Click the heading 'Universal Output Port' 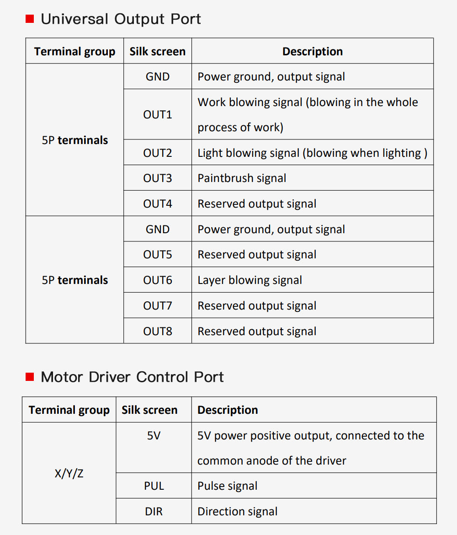tap(121, 19)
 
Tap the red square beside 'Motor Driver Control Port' tap(30, 377)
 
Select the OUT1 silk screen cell tap(158, 114)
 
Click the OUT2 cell tap(158, 153)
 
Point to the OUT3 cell tap(158, 178)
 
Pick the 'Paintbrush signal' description tap(242, 178)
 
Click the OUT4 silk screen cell tap(158, 203)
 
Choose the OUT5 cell tap(158, 254)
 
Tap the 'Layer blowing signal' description tap(250, 280)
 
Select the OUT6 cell tap(158, 280)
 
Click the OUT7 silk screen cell tap(158, 305)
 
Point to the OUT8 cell tap(158, 331)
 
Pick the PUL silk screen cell tap(154, 486)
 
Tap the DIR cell tap(154, 511)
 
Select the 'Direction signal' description tap(237, 512)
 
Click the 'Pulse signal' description tap(228, 486)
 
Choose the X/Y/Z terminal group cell tap(69, 473)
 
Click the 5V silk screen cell tap(154, 447)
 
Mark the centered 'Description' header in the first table tap(313, 51)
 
